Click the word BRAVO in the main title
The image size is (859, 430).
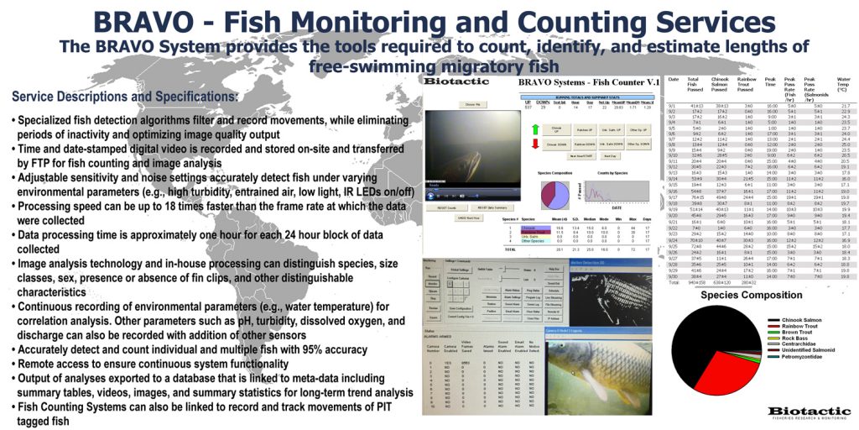click(148, 23)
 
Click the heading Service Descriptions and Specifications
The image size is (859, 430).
click(125, 97)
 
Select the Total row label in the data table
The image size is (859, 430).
click(673, 282)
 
